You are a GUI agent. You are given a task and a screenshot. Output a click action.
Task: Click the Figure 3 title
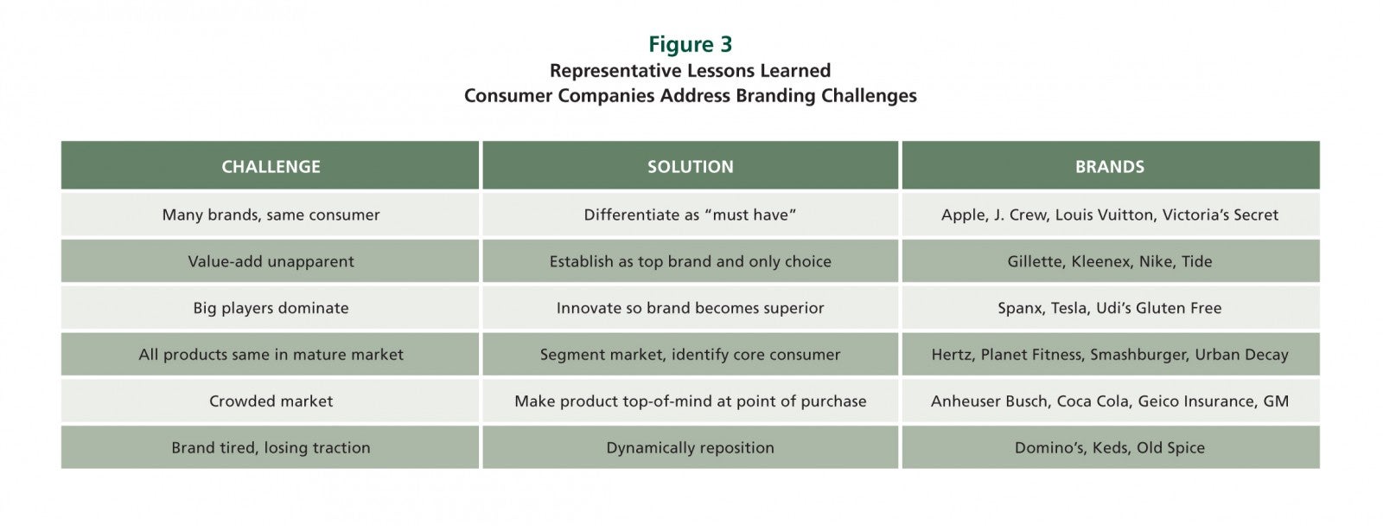click(691, 44)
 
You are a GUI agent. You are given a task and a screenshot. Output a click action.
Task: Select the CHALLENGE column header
click(271, 166)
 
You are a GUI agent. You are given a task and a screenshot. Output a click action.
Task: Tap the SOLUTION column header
click(691, 166)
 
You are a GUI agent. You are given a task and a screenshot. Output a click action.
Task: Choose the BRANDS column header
click(1110, 166)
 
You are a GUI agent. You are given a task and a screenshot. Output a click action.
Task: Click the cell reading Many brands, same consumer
click(271, 215)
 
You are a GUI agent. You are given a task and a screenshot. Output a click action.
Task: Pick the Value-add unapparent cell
click(271, 261)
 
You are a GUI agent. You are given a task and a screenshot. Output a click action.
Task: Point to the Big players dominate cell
click(271, 308)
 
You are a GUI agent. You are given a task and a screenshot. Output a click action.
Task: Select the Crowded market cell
click(271, 401)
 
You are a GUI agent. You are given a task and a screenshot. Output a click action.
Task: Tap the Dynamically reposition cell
click(691, 447)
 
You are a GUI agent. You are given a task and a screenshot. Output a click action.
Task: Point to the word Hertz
click(952, 355)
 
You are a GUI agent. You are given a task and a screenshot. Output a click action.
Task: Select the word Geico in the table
click(1159, 401)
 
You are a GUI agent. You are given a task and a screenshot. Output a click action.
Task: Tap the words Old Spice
click(1170, 447)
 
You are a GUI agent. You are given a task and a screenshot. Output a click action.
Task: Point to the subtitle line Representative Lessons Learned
click(691, 70)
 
